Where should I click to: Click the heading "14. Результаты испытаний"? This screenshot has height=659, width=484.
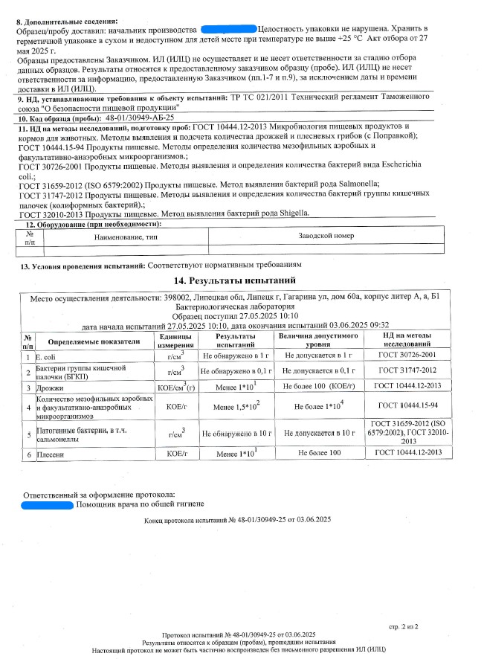point(234,281)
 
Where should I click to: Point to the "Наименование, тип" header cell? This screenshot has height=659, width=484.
point(123,236)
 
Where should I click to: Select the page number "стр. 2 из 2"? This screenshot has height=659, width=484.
point(404,627)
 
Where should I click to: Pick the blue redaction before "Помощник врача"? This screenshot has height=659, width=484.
point(47,505)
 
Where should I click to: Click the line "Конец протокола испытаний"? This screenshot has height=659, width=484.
point(237,521)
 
